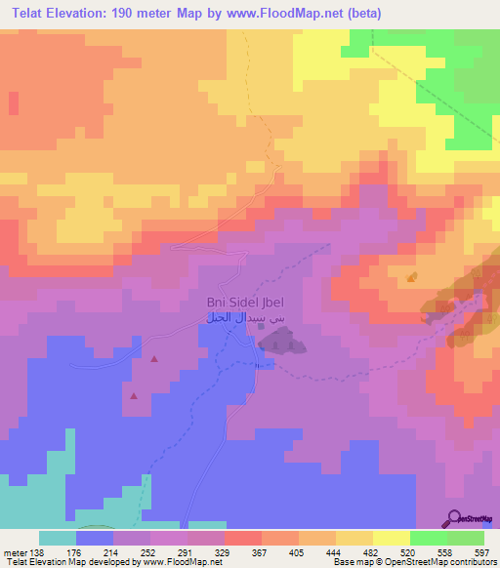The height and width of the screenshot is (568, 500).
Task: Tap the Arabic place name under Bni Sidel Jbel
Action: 233,318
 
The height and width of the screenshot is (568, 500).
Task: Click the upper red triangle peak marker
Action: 154,359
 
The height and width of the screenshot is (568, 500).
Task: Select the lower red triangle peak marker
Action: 135,396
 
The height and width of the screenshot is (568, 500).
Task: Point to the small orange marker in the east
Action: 411,278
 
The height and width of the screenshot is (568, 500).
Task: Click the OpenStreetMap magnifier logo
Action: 455,518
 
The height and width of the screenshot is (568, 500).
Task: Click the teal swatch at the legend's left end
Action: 58,538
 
